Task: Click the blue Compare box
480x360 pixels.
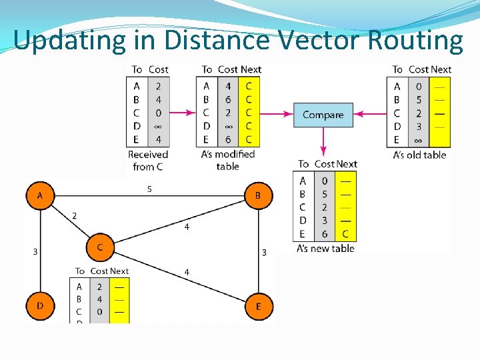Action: (323, 115)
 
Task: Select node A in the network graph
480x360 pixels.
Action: (40, 196)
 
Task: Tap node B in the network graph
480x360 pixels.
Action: (258, 196)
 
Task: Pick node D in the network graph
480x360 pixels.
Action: (40, 306)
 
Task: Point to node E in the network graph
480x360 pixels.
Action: (258, 307)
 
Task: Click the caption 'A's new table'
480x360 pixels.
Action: (325, 249)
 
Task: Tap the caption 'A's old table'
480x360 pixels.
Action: (419, 155)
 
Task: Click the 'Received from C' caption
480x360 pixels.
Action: (148, 160)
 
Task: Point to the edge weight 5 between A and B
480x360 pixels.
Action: (149, 189)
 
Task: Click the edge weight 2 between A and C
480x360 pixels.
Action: (74, 215)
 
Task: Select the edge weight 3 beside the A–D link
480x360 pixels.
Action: (35, 251)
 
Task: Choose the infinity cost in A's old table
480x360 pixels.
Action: (419, 140)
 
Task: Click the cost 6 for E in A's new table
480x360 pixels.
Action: (325, 234)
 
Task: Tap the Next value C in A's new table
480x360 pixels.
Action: (345, 234)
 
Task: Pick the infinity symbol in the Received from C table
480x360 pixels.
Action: (158, 126)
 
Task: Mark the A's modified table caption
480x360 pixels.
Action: (227, 160)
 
